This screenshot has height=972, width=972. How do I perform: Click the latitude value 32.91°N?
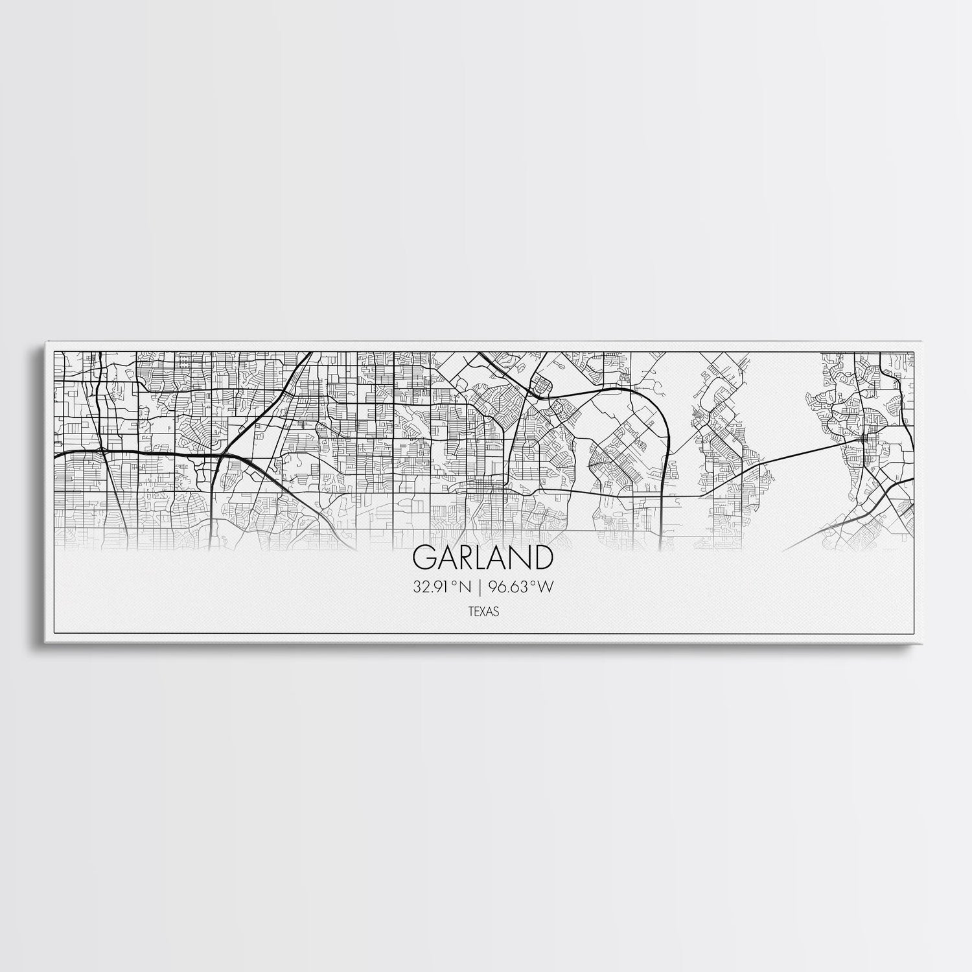[x=441, y=587]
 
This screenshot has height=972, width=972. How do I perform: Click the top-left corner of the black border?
[x=53, y=352]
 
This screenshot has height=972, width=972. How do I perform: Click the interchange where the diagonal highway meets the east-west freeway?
[x=220, y=456]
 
